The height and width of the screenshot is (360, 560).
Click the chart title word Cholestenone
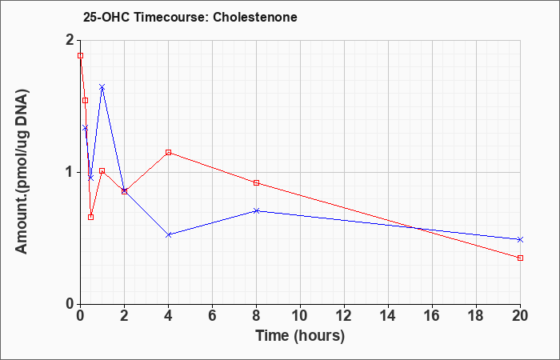[255, 17]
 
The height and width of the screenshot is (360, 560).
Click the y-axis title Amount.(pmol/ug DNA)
[22, 172]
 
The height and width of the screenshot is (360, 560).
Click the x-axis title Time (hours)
[300, 336]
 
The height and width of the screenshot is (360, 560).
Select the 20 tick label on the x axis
[520, 316]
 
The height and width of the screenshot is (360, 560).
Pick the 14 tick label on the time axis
[388, 316]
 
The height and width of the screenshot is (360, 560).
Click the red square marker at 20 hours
[520, 258]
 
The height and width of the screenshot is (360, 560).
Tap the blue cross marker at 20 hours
[520, 240]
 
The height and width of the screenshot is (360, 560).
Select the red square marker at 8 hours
[256, 183]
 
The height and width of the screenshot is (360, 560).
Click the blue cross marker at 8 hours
[256, 210]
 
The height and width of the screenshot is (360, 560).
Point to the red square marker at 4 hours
[169, 153]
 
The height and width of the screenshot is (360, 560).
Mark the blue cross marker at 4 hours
[169, 234]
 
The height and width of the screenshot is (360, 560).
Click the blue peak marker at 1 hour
[102, 87]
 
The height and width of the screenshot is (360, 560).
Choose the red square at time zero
[80, 56]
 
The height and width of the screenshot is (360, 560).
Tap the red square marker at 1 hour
[102, 170]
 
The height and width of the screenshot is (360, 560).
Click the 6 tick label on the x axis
[212, 316]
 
